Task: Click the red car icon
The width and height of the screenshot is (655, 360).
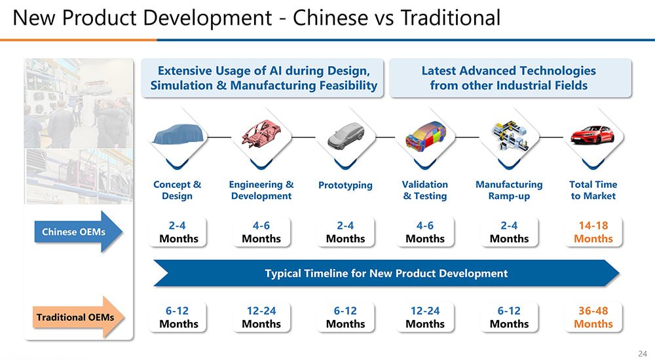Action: pyautogui.click(x=592, y=135)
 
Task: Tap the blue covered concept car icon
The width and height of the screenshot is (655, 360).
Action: pyautogui.click(x=178, y=134)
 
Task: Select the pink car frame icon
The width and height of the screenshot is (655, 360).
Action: pyautogui.click(x=261, y=134)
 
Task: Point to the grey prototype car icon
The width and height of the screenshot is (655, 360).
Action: pyautogui.click(x=345, y=135)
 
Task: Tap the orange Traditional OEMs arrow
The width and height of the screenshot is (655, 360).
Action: pyautogui.click(x=79, y=317)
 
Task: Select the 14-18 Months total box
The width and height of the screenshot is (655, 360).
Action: pyautogui.click(x=593, y=232)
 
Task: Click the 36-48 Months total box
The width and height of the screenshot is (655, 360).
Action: pyautogui.click(x=593, y=317)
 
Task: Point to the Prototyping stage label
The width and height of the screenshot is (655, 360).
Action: pyautogui.click(x=345, y=185)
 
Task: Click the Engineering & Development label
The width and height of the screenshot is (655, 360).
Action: pyautogui.click(x=261, y=190)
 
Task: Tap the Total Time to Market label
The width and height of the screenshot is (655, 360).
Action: pyautogui.click(x=593, y=190)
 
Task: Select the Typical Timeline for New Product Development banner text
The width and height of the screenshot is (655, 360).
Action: pyautogui.click(x=386, y=273)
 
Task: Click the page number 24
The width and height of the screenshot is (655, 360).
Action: pyautogui.click(x=643, y=353)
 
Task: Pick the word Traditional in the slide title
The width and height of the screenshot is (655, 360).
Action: pyautogui.click(x=451, y=18)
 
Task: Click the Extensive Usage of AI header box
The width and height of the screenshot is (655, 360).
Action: pyautogui.click(x=263, y=78)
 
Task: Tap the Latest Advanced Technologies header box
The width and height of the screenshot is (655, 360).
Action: pyautogui.click(x=510, y=78)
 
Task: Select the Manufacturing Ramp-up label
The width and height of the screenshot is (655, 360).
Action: pyautogui.click(x=509, y=190)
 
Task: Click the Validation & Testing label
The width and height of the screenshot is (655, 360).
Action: pyautogui.click(x=425, y=190)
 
